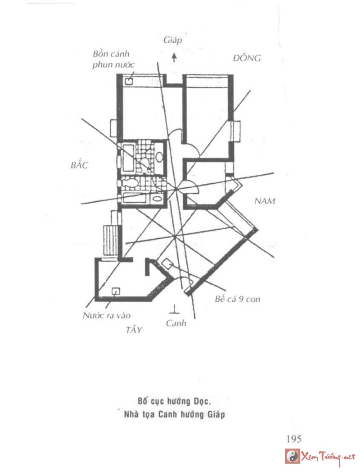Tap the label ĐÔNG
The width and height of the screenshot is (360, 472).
[x=247, y=58]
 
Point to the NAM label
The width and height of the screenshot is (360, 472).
[x=264, y=201]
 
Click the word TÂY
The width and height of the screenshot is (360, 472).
[x=134, y=330]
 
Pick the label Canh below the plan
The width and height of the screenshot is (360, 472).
[x=175, y=323]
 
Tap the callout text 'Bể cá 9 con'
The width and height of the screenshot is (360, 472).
[x=237, y=299]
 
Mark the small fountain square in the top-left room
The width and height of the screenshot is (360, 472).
[x=129, y=82]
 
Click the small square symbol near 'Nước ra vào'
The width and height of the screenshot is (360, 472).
[x=115, y=290]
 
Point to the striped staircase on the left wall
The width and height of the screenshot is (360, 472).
[x=111, y=241]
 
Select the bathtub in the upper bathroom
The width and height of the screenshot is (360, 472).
[x=128, y=157]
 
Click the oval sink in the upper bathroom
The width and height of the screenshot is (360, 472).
[x=159, y=157]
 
